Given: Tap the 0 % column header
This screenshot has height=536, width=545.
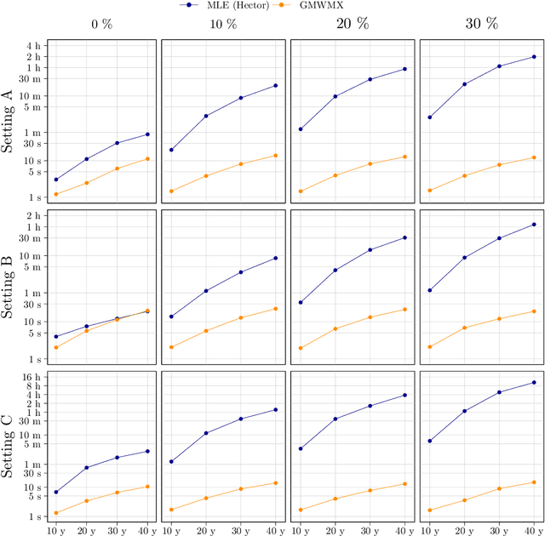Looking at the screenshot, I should [102, 25].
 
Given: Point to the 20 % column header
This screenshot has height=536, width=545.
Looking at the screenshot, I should [352, 25].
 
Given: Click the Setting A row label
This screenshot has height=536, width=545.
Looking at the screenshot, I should [9, 122].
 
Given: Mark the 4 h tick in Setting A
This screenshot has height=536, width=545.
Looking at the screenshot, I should [34, 45].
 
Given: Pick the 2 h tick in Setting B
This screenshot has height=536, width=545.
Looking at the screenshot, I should [34, 216].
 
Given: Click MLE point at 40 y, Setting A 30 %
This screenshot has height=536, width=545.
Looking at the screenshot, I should [534, 57].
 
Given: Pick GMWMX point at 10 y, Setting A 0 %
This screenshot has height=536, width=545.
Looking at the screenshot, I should [56, 194].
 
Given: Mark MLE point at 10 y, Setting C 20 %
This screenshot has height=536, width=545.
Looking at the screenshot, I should [301, 448].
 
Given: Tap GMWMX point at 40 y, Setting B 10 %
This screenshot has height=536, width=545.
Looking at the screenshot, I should [275, 309].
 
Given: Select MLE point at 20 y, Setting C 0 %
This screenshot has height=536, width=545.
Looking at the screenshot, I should [87, 467].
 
